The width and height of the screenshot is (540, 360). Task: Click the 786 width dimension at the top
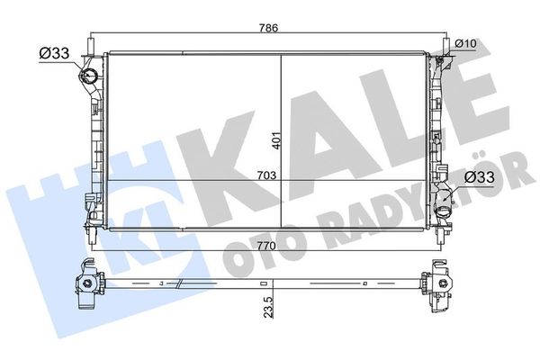click(270, 27)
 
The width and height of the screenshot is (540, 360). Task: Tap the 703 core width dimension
click(265, 174)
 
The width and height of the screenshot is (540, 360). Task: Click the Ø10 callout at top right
click(465, 42)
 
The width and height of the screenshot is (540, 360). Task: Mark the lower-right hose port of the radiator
click(443, 206)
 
